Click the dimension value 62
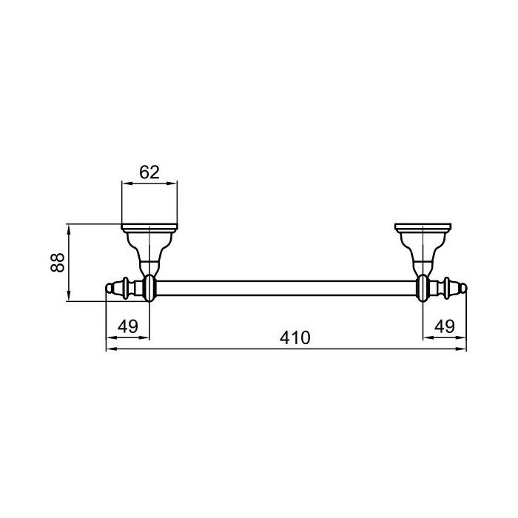[x=149, y=172]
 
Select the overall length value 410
[x=295, y=337]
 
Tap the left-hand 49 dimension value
[x=128, y=326]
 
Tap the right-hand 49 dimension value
[x=445, y=326]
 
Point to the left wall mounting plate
[x=149, y=226]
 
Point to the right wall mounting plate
[x=424, y=226]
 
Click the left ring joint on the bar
[x=149, y=288]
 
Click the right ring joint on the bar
[x=424, y=288]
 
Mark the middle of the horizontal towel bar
[x=286, y=288]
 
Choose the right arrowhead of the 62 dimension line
[x=175, y=184]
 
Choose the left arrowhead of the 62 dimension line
[x=124, y=184]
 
